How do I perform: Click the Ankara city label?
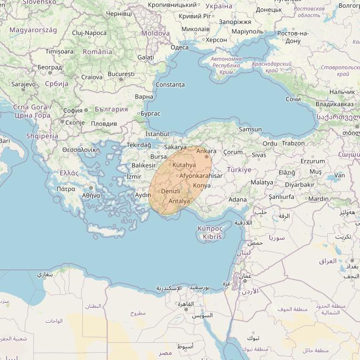206,151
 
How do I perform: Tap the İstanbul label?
157,134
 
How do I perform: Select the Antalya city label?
179,201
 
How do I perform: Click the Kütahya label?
184,166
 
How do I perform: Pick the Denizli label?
170,191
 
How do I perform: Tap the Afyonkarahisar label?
201,176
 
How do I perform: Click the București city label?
121,73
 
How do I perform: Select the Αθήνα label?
91,196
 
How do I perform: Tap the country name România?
97,52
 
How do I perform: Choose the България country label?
111,109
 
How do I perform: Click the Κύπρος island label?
210,228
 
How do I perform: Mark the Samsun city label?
250,129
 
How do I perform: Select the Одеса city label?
179,47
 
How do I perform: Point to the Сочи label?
293,99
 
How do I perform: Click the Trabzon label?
293,143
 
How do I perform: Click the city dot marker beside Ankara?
207,157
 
